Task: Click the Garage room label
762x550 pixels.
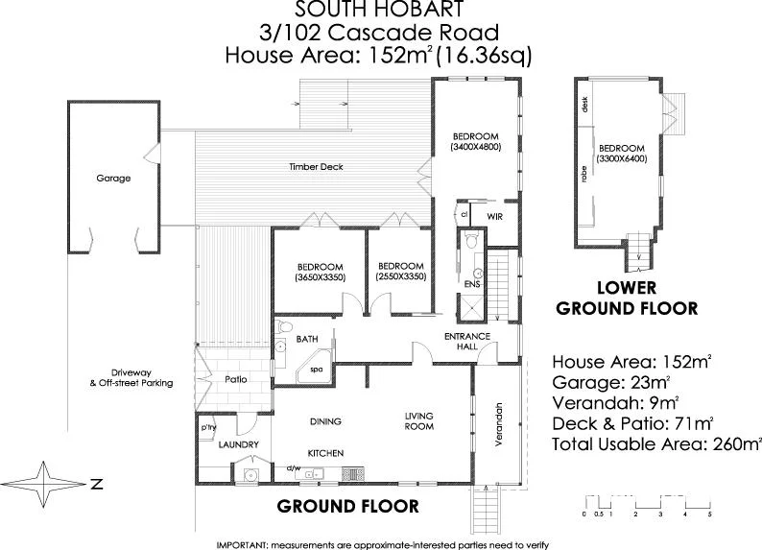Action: coord(113,179)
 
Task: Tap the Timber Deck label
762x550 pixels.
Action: coord(316,167)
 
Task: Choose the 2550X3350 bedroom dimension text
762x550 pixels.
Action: coord(400,277)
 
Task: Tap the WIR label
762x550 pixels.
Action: coord(495,216)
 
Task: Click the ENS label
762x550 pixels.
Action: coord(471,285)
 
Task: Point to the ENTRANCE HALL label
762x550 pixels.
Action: coord(466,341)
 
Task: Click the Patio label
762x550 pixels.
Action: coord(236,379)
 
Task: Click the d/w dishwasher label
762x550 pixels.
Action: coord(296,468)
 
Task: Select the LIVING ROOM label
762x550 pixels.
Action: coord(418,421)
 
